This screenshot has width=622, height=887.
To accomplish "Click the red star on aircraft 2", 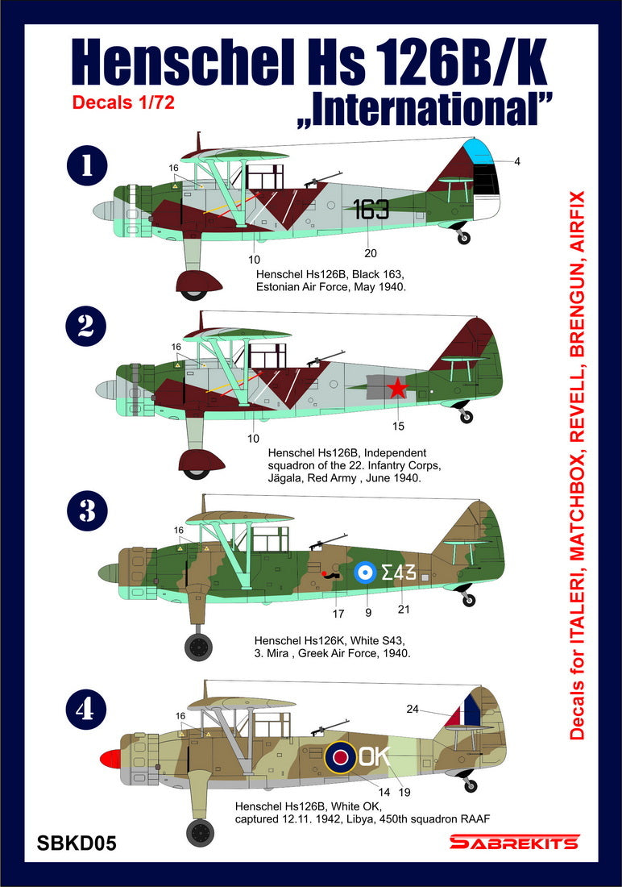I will point(397,389).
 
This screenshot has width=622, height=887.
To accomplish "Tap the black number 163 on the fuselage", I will point(371,209).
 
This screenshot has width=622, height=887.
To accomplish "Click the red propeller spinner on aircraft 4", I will point(110,758).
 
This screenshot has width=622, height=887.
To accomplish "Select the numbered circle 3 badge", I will point(85,511).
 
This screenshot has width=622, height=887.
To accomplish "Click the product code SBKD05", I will point(77,843).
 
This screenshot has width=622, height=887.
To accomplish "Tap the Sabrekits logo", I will point(513,843).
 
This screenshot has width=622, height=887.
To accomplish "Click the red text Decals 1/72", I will point(123,102).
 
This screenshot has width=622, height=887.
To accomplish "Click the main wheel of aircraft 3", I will point(199,646).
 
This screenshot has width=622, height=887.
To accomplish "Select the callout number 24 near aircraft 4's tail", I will point(413,710).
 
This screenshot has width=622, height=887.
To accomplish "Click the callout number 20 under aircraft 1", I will point(371,252).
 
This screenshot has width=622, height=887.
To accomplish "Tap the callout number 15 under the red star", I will point(398,426).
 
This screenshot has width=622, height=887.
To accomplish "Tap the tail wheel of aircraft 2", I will point(466,417).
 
